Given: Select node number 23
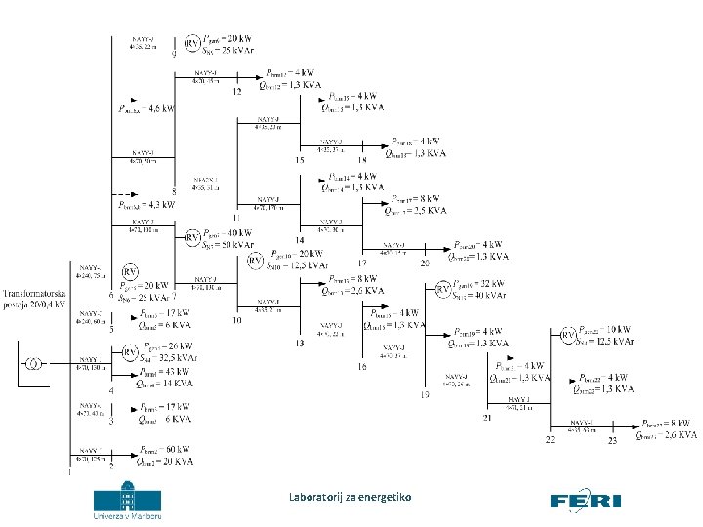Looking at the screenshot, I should point(613,442).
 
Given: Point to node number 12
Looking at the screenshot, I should point(235,92).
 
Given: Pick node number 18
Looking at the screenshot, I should point(362,160).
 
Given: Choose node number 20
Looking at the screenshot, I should point(425,263).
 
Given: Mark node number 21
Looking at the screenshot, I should point(487,418).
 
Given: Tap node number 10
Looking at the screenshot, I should point(237,321).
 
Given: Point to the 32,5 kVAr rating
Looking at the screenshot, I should point(167,357).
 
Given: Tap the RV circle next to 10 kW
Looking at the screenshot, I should point(566,335).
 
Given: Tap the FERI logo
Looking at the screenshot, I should point(586,501).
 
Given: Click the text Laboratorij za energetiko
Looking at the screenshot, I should point(350,498).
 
